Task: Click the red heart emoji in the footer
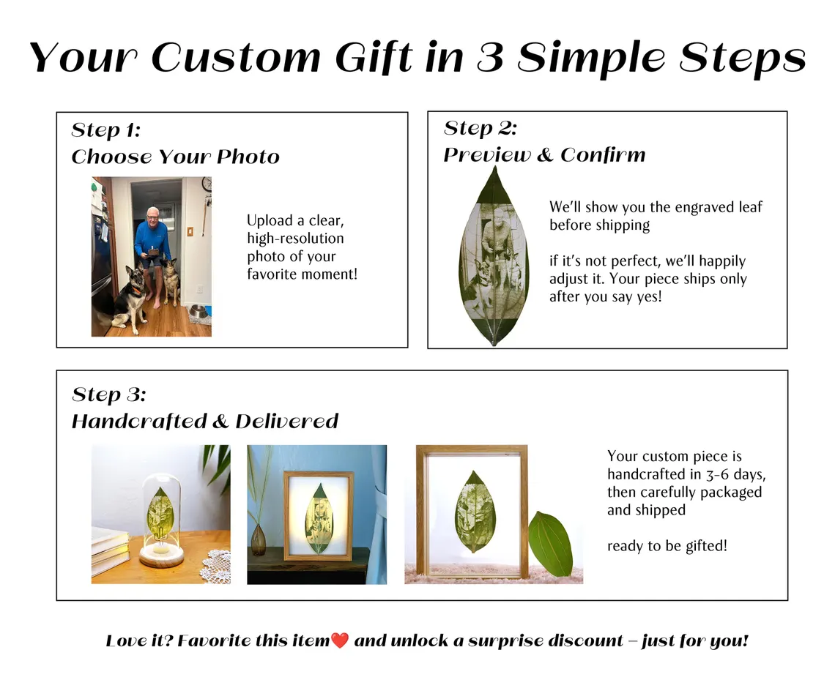339,640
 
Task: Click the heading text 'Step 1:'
106,130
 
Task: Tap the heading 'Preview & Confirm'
544,155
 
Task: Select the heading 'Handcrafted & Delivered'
205,421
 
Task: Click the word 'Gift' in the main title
374,56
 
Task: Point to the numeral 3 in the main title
491,56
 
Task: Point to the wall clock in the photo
207,184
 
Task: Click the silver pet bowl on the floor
199,313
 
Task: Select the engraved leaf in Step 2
494,256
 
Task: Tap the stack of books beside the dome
110,550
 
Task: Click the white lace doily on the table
215,567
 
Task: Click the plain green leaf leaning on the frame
550,544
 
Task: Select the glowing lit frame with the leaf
319,516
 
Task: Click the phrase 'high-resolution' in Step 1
296,239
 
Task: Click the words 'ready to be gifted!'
667,546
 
